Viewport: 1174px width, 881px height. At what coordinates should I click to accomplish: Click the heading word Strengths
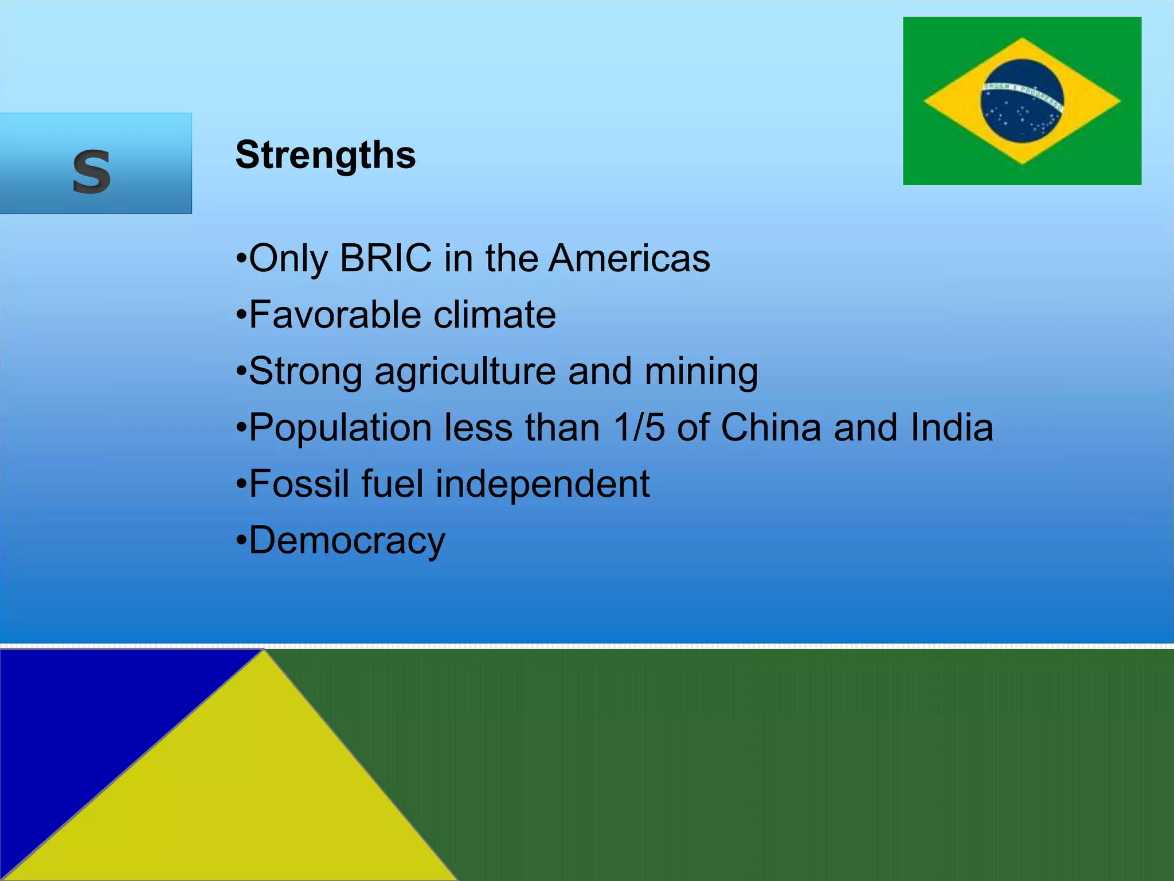(x=326, y=155)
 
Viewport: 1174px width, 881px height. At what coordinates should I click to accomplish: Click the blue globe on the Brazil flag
(x=1022, y=101)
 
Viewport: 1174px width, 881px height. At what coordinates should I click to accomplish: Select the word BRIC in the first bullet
(x=386, y=258)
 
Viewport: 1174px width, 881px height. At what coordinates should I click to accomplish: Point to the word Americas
(x=629, y=258)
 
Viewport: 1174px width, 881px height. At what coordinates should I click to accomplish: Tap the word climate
(x=495, y=314)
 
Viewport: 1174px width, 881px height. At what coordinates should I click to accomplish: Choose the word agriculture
(x=465, y=372)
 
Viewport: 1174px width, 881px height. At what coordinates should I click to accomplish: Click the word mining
(x=701, y=372)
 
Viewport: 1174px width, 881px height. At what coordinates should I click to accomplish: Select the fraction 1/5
(x=639, y=427)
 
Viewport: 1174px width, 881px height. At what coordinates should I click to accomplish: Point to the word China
(x=771, y=427)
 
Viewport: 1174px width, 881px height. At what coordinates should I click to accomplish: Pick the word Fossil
(x=299, y=484)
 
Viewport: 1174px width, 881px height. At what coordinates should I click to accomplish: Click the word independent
(x=542, y=484)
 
